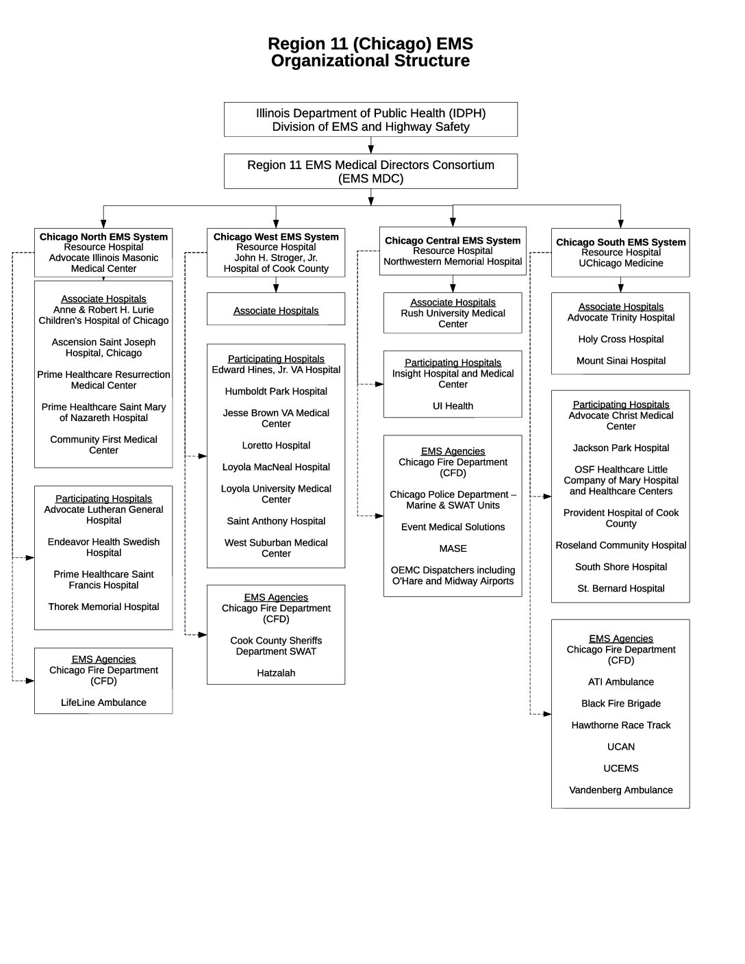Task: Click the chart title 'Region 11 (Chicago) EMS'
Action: click(x=370, y=45)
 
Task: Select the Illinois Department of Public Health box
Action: click(x=370, y=120)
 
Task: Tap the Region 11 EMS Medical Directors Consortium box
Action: click(x=370, y=171)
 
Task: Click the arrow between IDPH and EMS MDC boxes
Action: click(x=370, y=145)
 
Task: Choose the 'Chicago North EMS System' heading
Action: click(x=103, y=237)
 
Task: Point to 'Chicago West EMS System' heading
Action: click(x=276, y=237)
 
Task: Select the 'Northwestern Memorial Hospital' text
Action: click(x=453, y=262)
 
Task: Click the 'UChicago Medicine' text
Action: click(x=620, y=263)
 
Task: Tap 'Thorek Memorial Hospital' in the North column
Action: click(x=103, y=607)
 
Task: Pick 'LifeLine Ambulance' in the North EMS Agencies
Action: click(x=103, y=702)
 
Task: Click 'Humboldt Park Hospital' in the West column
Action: click(x=276, y=392)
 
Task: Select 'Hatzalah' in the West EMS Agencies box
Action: click(x=276, y=673)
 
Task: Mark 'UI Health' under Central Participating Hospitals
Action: click(x=453, y=406)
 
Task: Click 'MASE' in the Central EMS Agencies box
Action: click(x=453, y=548)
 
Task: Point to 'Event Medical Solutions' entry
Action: click(x=453, y=527)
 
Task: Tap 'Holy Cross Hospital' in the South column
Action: click(x=620, y=339)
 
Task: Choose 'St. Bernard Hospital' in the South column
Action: click(x=620, y=588)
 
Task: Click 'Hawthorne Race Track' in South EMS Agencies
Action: click(x=620, y=725)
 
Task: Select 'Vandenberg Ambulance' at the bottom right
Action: click(x=620, y=790)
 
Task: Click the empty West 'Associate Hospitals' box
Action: click(x=276, y=310)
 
